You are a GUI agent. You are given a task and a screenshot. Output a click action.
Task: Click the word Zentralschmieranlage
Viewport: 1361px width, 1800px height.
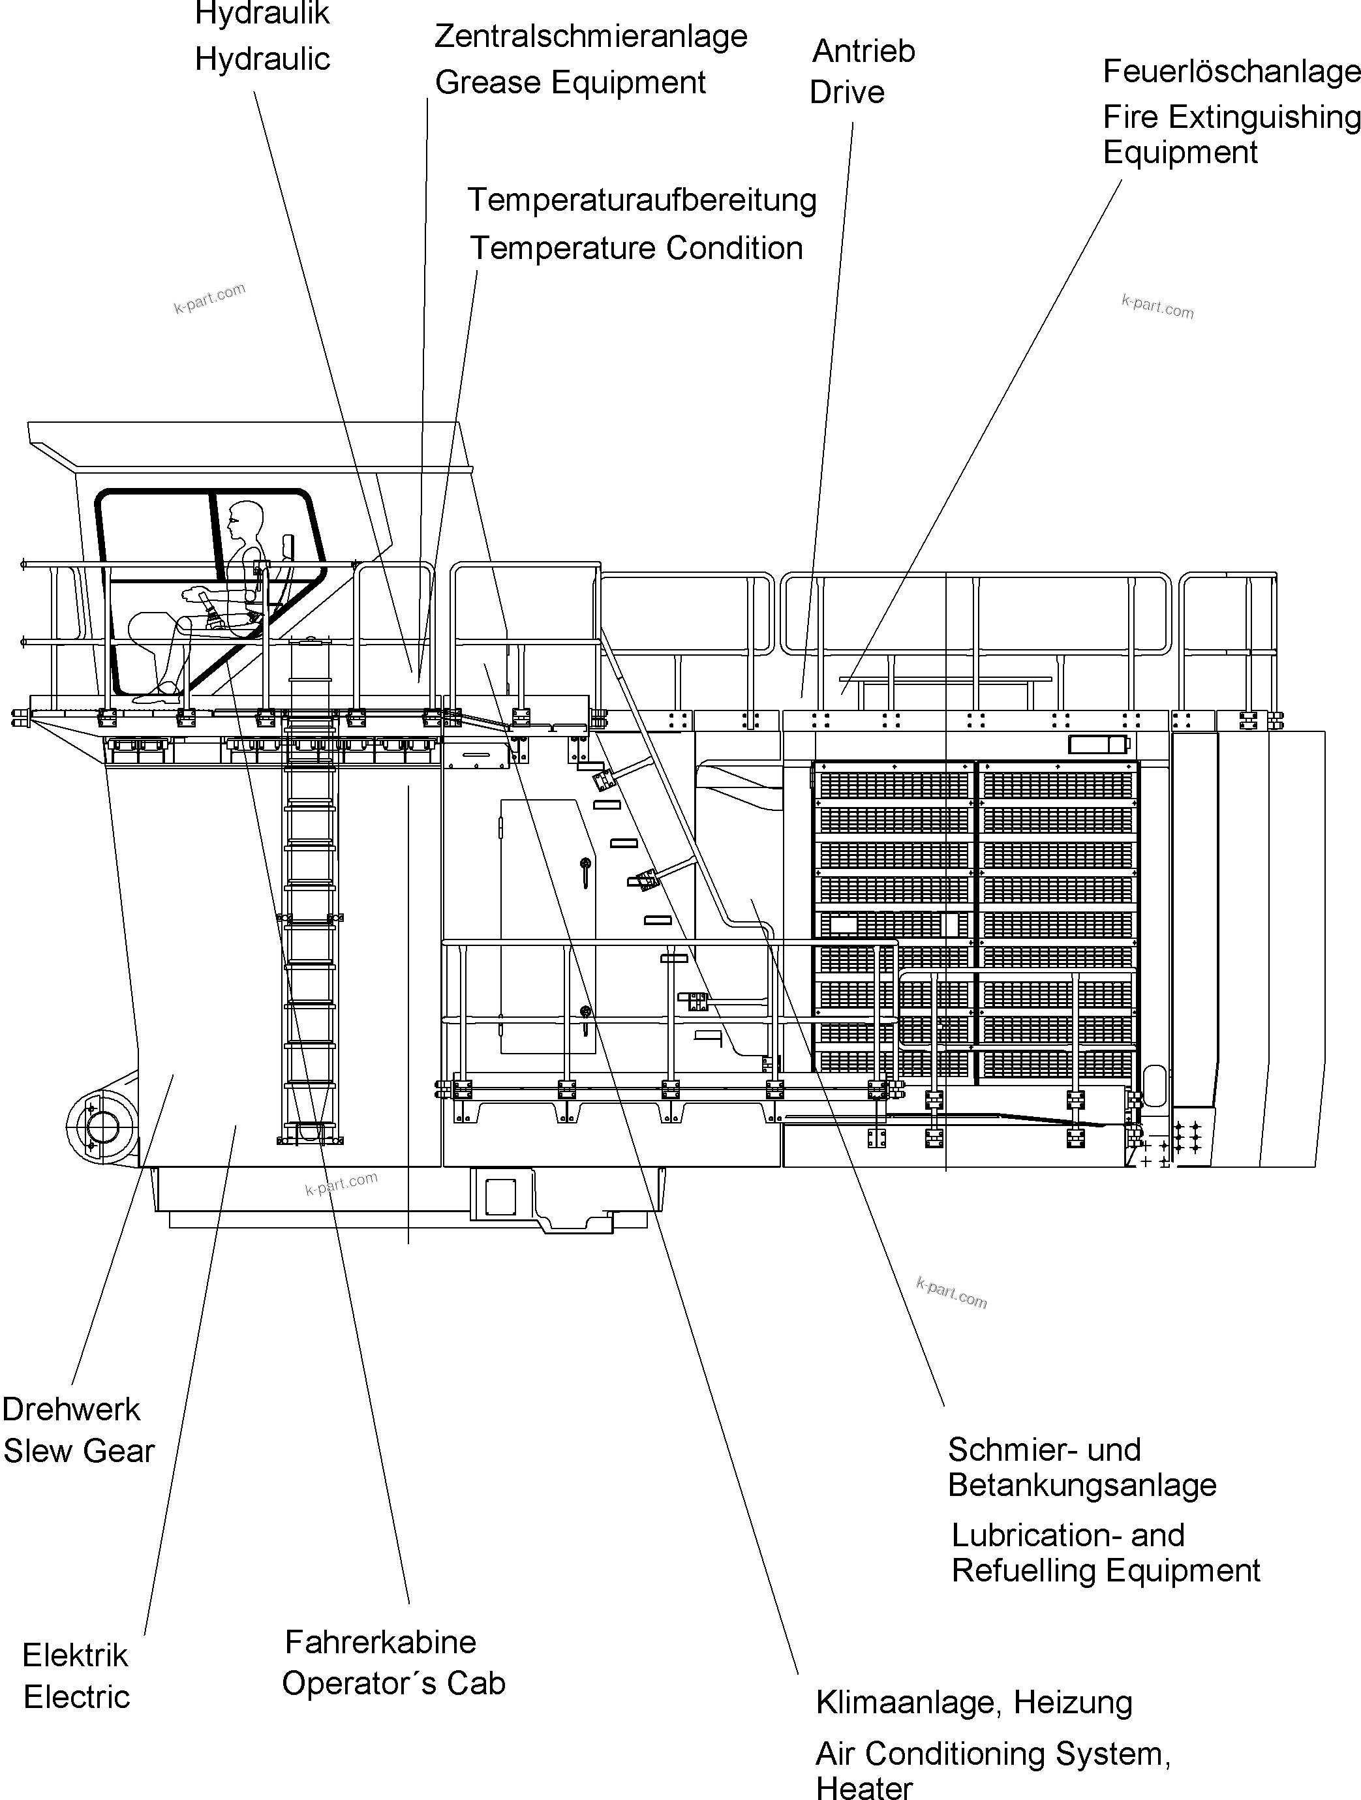click(590, 37)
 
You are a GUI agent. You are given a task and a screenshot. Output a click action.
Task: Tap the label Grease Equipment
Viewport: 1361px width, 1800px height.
click(570, 83)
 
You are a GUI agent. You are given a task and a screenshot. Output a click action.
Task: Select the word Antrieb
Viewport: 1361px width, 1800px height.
click(864, 52)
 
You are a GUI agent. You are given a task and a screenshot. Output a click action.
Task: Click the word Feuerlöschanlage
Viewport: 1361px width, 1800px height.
click(1231, 72)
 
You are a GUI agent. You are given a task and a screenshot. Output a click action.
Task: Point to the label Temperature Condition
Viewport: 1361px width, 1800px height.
click(635, 248)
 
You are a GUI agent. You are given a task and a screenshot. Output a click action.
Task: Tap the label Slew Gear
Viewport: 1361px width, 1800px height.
click(79, 1451)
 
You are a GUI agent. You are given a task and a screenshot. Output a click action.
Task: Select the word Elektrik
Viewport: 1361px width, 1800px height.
click(75, 1655)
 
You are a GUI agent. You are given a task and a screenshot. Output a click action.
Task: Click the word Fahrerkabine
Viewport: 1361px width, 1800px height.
click(380, 1642)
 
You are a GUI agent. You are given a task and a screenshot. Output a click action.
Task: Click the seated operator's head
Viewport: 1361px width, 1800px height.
click(245, 516)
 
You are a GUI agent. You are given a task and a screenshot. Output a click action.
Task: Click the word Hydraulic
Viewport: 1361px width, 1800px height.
click(262, 59)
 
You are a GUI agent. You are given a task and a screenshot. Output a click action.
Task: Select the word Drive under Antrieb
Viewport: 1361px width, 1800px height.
click(847, 92)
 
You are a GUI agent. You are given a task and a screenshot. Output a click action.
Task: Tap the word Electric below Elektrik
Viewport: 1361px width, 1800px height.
click(76, 1698)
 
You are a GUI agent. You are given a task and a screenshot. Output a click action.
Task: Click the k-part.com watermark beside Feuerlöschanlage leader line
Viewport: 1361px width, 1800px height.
click(1157, 307)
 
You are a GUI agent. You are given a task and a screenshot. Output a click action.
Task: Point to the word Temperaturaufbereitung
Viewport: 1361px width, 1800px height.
click(641, 200)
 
